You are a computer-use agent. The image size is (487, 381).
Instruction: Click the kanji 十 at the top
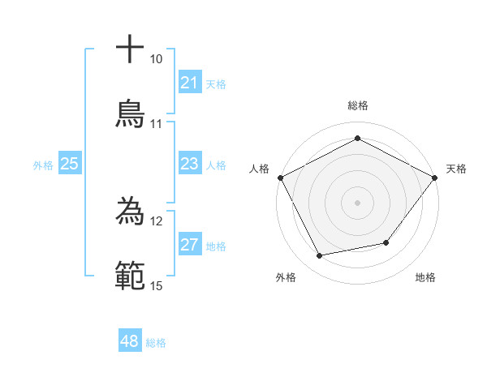tap(130, 49)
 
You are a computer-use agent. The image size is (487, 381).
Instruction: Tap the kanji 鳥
tap(130, 113)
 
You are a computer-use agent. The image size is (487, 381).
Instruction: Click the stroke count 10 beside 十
tap(156, 59)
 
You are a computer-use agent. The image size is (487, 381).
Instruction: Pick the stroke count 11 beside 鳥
tap(156, 124)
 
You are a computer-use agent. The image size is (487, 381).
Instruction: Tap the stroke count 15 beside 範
tap(156, 285)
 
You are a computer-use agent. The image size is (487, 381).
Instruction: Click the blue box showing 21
tap(190, 83)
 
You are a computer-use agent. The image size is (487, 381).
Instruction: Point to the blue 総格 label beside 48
tap(156, 343)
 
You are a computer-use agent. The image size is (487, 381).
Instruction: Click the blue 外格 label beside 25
tap(43, 165)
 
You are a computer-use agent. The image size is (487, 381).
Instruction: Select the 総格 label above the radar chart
tap(357, 105)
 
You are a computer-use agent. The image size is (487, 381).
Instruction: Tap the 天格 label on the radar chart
tap(456, 169)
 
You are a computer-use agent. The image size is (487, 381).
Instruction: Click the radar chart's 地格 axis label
tap(425, 277)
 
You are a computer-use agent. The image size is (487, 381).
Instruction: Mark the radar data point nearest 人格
tap(280, 177)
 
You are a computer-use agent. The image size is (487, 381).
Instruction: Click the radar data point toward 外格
tap(320, 256)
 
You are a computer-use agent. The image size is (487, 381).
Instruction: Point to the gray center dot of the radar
tap(357, 202)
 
